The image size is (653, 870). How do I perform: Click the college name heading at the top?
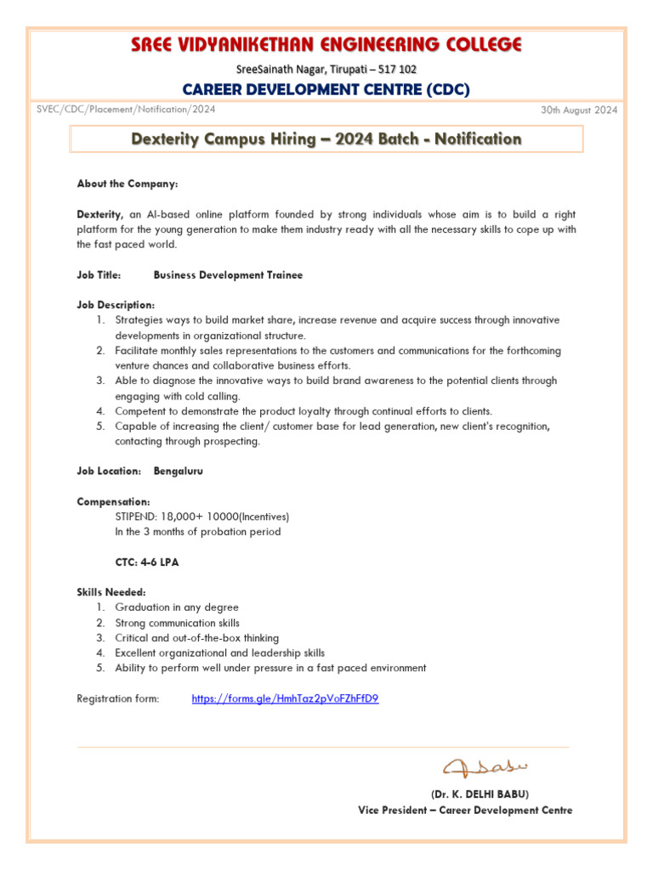[326, 45]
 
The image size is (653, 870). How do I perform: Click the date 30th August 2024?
[579, 110]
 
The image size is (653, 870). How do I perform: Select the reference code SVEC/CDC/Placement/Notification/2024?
[126, 110]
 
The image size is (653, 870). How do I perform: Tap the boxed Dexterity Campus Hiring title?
[326, 138]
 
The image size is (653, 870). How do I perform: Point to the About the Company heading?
[128, 184]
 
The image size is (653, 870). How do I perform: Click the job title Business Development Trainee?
[228, 275]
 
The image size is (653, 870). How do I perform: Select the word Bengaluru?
[178, 471]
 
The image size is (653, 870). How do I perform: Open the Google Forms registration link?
[285, 698]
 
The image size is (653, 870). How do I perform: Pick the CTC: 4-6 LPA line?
[147, 562]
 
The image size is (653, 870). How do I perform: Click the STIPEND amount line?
[202, 517]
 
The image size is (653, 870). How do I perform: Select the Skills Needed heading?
[111, 592]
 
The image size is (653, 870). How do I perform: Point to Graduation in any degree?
[177, 607]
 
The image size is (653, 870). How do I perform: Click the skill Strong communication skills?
[177, 623]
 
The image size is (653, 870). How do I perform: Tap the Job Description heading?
[116, 305]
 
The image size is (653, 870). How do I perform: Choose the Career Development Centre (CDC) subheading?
[326, 89]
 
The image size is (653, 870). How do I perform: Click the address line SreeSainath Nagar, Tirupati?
[326, 69]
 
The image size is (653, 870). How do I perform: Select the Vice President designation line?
[465, 810]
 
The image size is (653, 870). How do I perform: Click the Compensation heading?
[114, 501]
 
